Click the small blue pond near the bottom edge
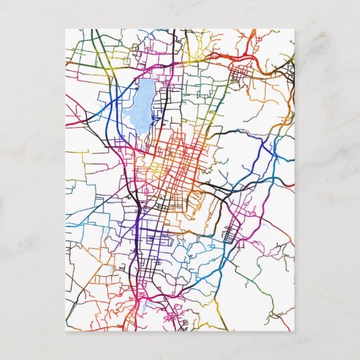144,310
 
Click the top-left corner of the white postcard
66,29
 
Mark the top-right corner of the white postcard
295,29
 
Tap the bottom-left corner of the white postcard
66,331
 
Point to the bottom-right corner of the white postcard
295,331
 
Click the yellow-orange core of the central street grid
160,166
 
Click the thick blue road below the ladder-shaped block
224,262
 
